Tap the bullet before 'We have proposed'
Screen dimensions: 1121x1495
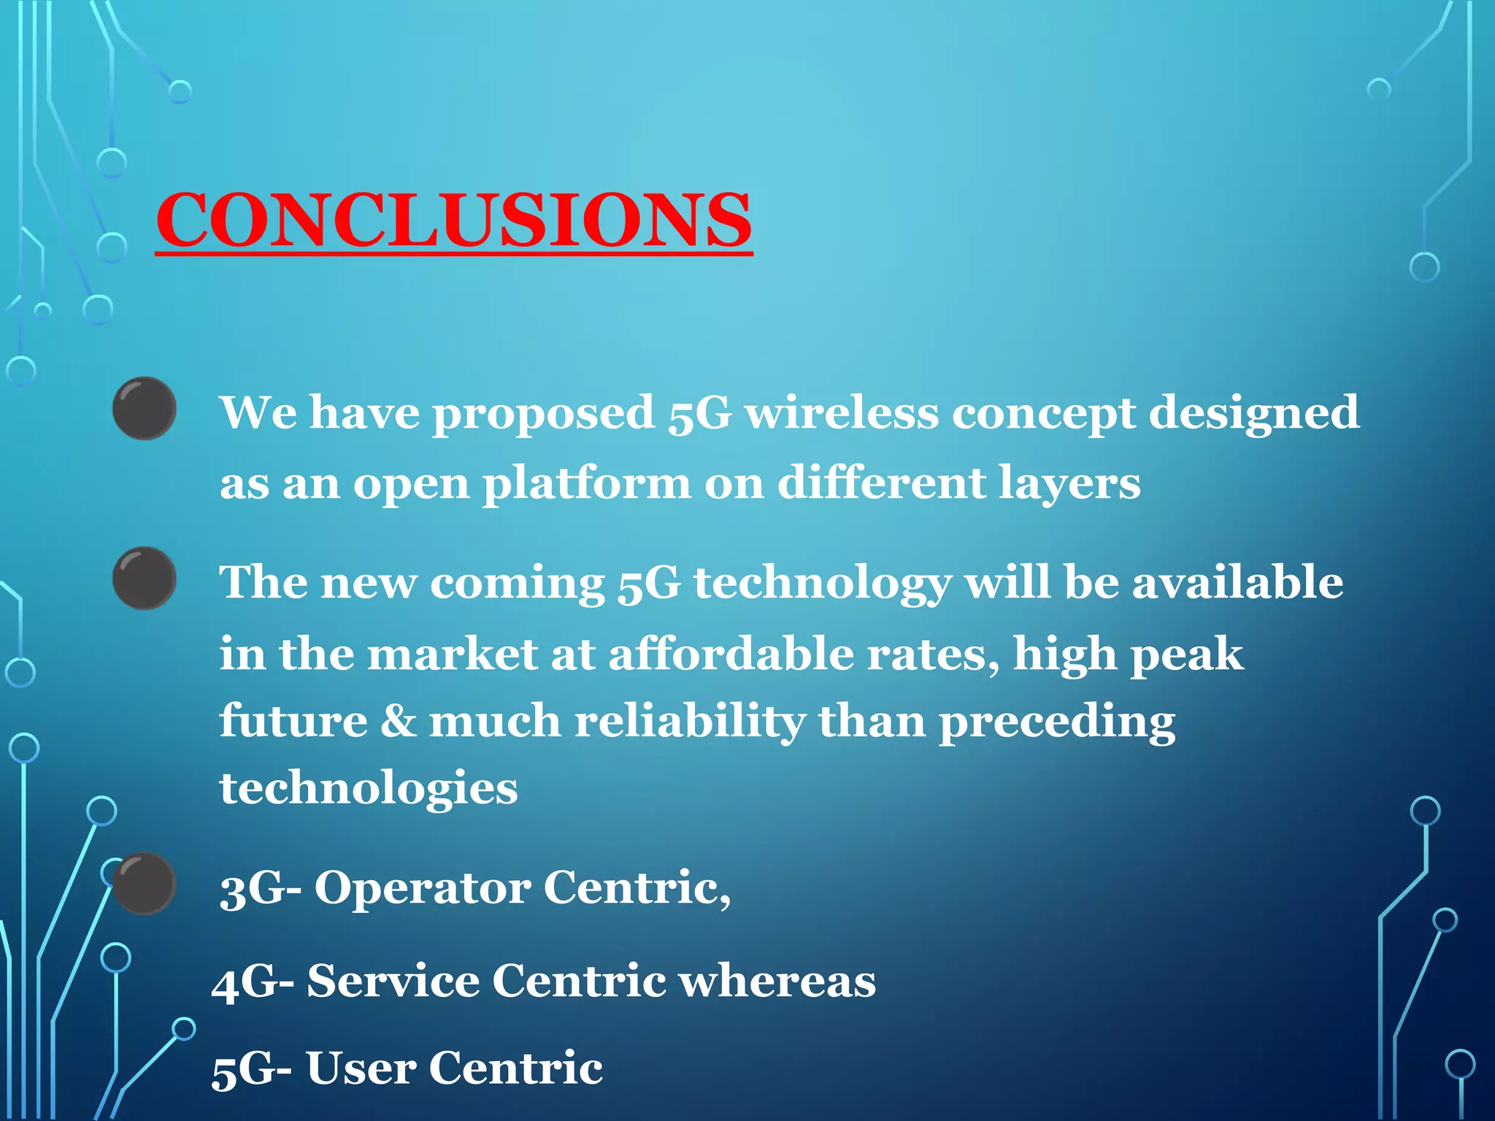point(144,408)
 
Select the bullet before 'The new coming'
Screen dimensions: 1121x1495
point(144,578)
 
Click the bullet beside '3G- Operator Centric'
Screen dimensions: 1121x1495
point(145,883)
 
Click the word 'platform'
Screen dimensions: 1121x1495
point(587,483)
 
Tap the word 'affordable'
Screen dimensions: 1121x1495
point(730,653)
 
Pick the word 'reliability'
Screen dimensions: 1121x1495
point(689,722)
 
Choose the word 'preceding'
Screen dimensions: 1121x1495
point(1056,722)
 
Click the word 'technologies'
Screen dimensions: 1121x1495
point(369,789)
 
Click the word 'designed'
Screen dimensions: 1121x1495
point(1253,414)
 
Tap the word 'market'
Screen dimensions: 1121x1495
point(453,653)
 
